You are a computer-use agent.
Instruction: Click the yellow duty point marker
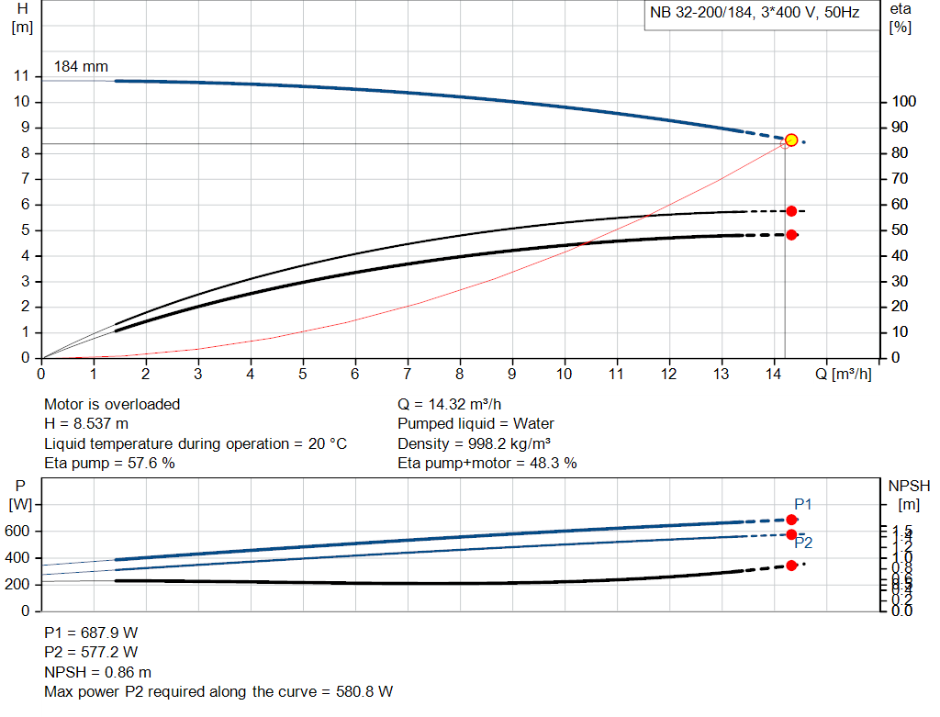(x=791, y=140)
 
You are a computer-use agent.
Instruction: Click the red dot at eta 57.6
(x=791, y=211)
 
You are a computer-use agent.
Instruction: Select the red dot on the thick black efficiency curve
(x=791, y=235)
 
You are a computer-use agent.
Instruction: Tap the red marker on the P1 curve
(x=791, y=520)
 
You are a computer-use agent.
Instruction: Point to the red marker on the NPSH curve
(x=791, y=566)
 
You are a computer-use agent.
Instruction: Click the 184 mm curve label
(x=81, y=67)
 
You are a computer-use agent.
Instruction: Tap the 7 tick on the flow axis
(x=408, y=374)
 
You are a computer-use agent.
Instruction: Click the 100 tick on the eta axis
(x=904, y=102)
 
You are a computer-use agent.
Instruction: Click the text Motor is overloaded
(x=112, y=404)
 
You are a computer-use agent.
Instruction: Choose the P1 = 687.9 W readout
(x=91, y=633)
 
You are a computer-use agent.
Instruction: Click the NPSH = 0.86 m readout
(x=98, y=672)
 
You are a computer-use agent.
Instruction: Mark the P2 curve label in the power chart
(x=803, y=543)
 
